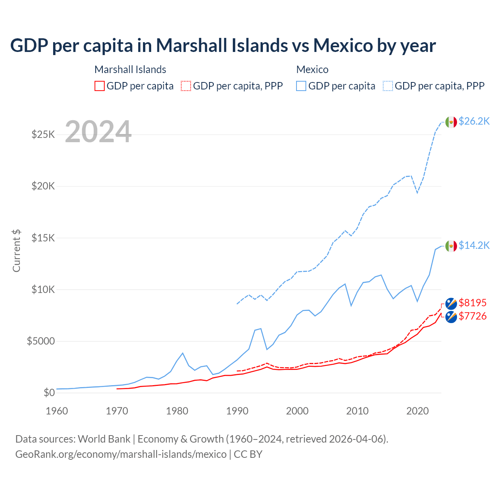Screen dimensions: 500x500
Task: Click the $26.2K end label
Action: pos(474,121)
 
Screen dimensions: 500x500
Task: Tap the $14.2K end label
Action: pos(474,245)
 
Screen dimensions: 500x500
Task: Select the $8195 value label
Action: pos(473,303)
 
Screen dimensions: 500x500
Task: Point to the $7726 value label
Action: pos(473,316)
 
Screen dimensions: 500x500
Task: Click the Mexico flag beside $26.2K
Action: pos(451,122)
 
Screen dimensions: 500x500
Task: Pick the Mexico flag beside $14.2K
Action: pos(451,246)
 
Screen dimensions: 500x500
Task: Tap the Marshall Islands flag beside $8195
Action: pos(451,304)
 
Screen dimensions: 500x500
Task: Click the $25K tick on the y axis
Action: pos(43,135)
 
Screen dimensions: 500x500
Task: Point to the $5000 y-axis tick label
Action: pos(41,341)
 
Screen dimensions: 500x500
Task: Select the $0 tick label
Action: pos(49,393)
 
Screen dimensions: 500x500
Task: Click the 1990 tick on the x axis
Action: pos(237,411)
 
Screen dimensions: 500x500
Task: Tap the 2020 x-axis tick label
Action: pos(418,411)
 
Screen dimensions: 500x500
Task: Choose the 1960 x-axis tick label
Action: pos(57,411)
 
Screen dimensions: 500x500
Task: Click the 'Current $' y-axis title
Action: pos(16,251)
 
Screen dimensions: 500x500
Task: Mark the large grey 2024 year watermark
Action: pos(98,132)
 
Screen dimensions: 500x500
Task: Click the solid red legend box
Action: pos(100,86)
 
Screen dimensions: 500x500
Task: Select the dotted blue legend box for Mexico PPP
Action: pos(388,86)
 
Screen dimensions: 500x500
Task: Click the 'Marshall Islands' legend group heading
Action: pos(130,70)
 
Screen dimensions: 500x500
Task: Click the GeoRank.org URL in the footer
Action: pos(121,454)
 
